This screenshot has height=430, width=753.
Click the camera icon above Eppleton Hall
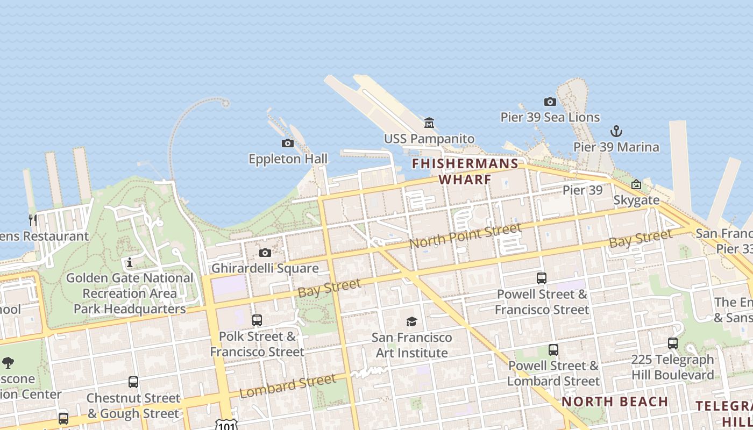tap(288, 143)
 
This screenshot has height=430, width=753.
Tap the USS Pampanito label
tap(429, 139)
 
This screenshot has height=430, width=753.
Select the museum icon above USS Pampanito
tap(429, 123)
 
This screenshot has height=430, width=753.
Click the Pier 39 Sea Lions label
tap(550, 117)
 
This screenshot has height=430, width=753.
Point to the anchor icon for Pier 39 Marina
tap(616, 131)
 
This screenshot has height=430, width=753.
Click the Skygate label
tap(636, 200)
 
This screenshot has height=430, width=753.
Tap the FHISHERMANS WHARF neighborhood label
tap(465, 171)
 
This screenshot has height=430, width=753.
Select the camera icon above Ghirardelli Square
tap(265, 253)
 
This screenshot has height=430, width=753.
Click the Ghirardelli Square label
tap(265, 268)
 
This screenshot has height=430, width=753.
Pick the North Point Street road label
tap(465, 236)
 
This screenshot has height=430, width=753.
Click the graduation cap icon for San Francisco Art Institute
tap(411, 321)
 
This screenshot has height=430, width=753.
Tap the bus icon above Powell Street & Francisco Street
tap(542, 278)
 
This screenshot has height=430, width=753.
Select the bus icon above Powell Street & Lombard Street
tap(553, 350)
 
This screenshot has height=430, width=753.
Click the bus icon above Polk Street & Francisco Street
tap(257, 320)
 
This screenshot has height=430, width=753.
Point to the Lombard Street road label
tap(288, 386)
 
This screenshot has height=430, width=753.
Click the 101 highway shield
tap(223, 425)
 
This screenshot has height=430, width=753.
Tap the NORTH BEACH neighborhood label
tap(615, 402)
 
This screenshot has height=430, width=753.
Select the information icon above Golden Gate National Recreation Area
tap(129, 262)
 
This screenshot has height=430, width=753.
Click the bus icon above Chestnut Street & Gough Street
tap(133, 382)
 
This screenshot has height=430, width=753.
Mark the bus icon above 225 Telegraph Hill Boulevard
tap(672, 343)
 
